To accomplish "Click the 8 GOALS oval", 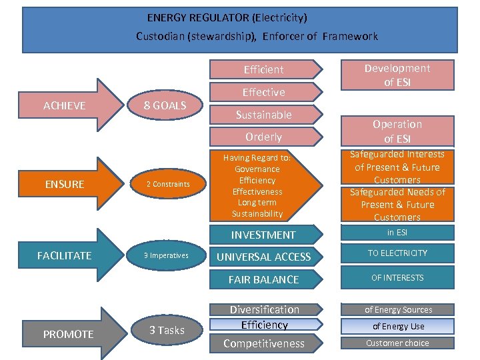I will pyautogui.click(x=166, y=105).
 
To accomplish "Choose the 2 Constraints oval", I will pyautogui.click(x=168, y=184).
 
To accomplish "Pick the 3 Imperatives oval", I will pyautogui.click(x=167, y=255).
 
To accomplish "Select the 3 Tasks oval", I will pyautogui.click(x=167, y=330).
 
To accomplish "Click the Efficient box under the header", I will pyautogui.click(x=264, y=69).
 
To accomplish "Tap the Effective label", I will pyautogui.click(x=264, y=92).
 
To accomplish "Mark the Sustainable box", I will pyautogui.click(x=264, y=115).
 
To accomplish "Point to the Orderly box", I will pyautogui.click(x=264, y=137).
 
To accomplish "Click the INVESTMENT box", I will pyautogui.click(x=263, y=235).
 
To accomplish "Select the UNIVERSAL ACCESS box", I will pyautogui.click(x=263, y=257).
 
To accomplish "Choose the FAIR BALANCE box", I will pyautogui.click(x=263, y=279).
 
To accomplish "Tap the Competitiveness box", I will pyautogui.click(x=264, y=343).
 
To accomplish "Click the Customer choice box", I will pyautogui.click(x=397, y=343).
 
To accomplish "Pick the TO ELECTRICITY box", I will pyautogui.click(x=397, y=253).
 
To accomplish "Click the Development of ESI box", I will pyautogui.click(x=397, y=75).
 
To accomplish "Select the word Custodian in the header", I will pyautogui.click(x=160, y=36).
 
